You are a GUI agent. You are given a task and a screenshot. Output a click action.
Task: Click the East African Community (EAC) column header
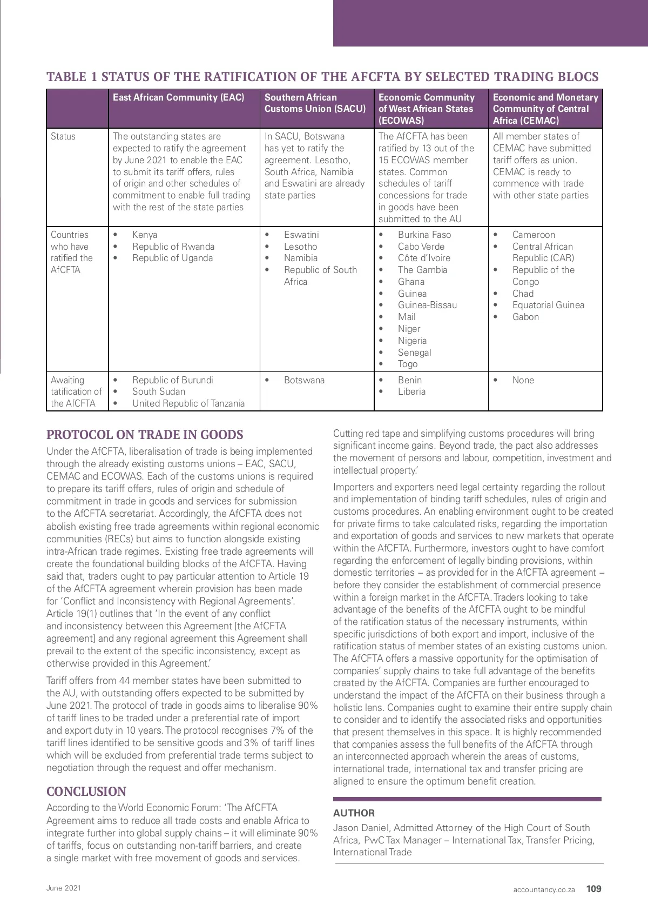click(x=178, y=97)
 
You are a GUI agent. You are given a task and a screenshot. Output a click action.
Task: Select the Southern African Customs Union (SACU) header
click(x=315, y=103)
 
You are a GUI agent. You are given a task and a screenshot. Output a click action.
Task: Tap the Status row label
click(x=63, y=136)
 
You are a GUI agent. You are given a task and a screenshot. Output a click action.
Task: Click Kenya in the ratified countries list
click(x=145, y=235)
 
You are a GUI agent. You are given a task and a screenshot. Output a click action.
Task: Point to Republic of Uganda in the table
click(x=172, y=258)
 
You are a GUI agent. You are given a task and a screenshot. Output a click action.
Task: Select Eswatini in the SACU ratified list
click(x=301, y=235)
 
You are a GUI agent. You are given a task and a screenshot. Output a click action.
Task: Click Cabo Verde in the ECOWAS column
click(x=421, y=247)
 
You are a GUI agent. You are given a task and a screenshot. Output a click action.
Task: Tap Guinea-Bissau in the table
click(x=427, y=305)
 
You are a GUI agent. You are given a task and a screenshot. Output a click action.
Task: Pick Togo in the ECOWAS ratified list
click(x=408, y=364)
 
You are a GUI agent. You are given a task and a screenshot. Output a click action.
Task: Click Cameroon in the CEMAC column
click(x=534, y=235)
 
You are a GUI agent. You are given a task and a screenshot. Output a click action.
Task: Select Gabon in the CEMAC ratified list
click(x=525, y=317)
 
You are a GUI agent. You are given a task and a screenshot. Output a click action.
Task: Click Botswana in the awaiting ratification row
click(x=304, y=380)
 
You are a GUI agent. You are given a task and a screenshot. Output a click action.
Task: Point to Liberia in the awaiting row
click(x=411, y=391)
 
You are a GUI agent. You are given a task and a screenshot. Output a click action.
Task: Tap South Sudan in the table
click(x=159, y=391)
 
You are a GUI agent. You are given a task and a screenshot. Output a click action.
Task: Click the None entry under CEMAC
click(x=523, y=380)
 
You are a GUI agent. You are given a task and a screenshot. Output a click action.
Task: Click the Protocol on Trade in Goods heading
click(x=145, y=435)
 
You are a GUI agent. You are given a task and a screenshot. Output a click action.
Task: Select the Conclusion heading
click(x=86, y=792)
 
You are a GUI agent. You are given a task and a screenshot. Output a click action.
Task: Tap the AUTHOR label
click(x=354, y=813)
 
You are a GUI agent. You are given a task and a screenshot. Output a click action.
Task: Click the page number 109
click(x=593, y=889)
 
